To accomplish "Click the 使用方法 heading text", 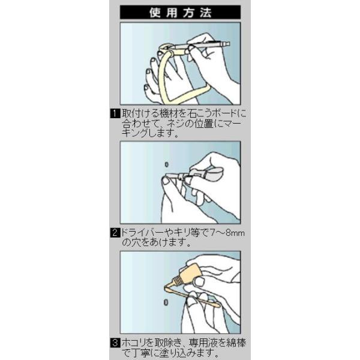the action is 180,13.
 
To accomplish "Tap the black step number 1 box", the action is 115,113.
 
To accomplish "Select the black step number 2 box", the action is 115,233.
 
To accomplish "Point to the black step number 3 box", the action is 115,343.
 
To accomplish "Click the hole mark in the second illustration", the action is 167,164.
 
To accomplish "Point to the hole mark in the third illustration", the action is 166,302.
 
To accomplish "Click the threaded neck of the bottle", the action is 177,281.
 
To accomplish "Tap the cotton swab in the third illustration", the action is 193,296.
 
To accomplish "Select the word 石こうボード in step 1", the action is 211,113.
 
